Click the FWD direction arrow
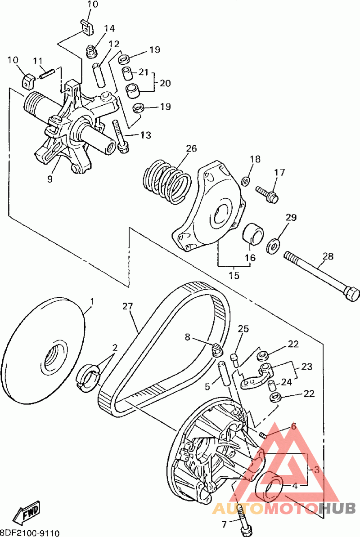(27, 513)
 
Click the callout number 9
(50, 179)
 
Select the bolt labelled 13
(121, 135)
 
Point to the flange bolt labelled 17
(267, 193)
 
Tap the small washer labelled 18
(245, 180)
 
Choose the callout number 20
(165, 83)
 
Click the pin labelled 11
(47, 74)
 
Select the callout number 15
(234, 275)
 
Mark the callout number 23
(307, 367)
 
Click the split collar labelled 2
(88, 376)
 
